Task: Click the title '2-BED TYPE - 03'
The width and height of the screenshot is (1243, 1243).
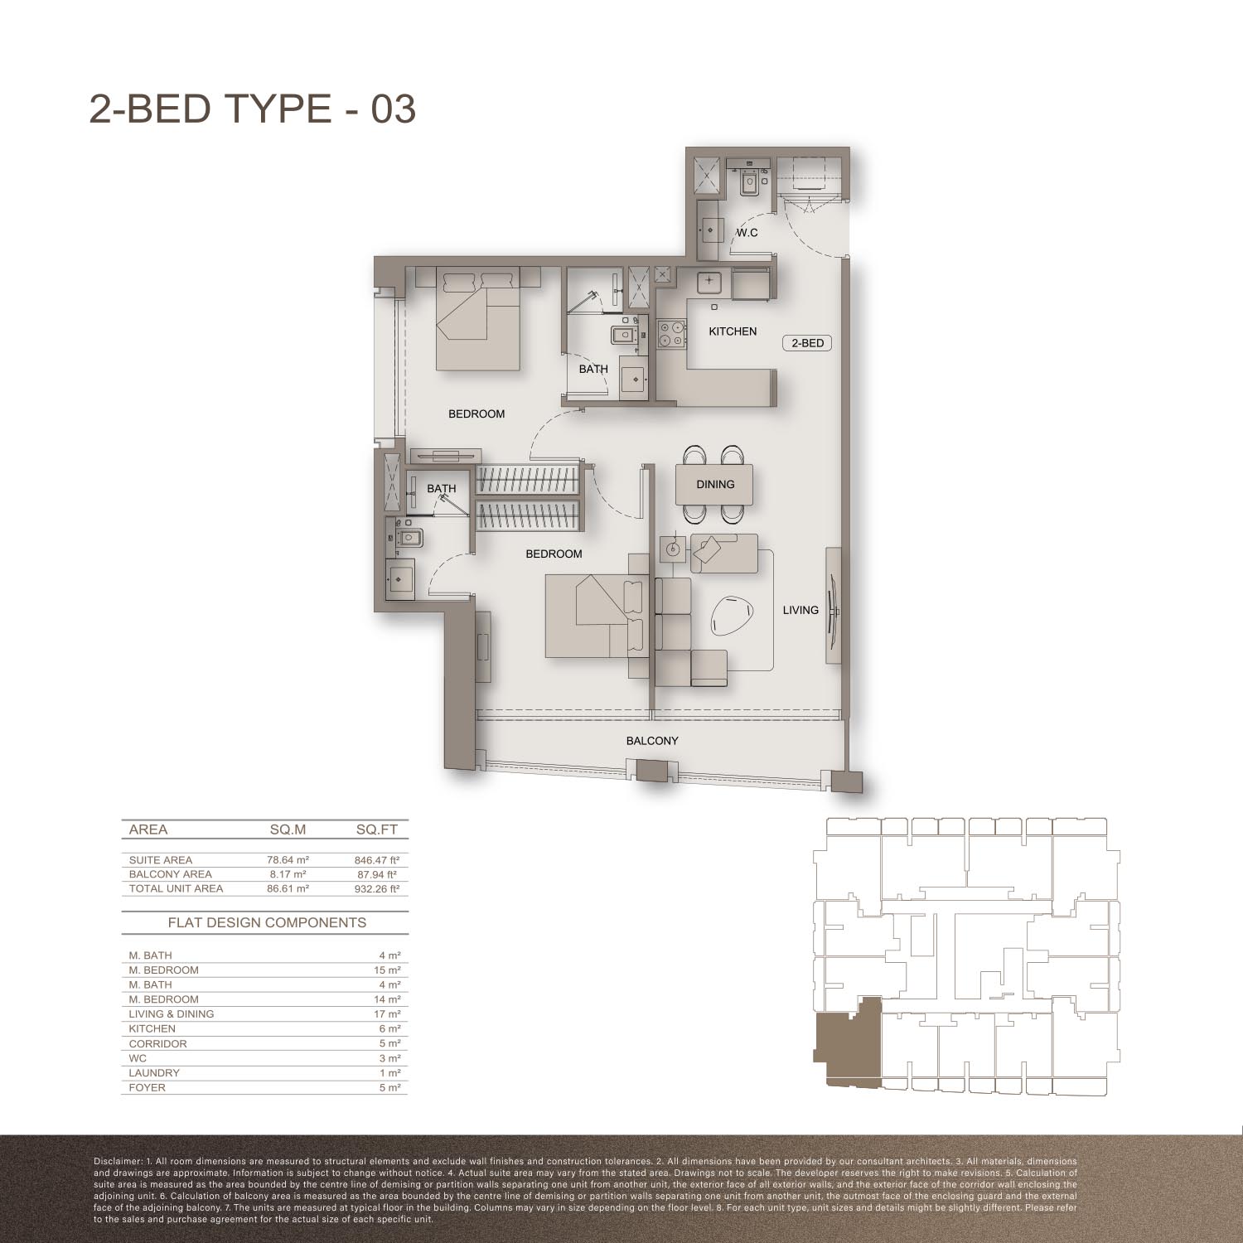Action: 252,109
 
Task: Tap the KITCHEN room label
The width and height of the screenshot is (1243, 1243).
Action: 733,331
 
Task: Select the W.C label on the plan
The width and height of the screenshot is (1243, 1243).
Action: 747,233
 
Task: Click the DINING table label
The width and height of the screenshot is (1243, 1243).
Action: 715,485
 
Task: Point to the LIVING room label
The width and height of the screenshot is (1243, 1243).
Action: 800,610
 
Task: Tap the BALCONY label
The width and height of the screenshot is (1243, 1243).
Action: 652,741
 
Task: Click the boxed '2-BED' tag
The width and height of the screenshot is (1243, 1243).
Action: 807,343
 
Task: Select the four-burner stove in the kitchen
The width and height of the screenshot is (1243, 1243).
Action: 672,333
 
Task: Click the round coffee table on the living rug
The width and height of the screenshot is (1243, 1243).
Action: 733,616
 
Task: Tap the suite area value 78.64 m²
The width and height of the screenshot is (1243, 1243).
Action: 288,860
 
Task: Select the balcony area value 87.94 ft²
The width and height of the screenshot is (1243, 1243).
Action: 377,874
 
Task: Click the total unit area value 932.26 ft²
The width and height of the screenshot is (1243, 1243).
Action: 377,888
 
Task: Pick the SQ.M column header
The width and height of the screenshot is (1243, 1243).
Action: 288,829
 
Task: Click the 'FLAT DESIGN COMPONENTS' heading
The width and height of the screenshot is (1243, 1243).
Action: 267,922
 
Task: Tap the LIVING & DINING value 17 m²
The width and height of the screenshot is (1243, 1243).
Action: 389,1014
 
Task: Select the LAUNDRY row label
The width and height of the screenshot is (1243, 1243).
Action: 154,1073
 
